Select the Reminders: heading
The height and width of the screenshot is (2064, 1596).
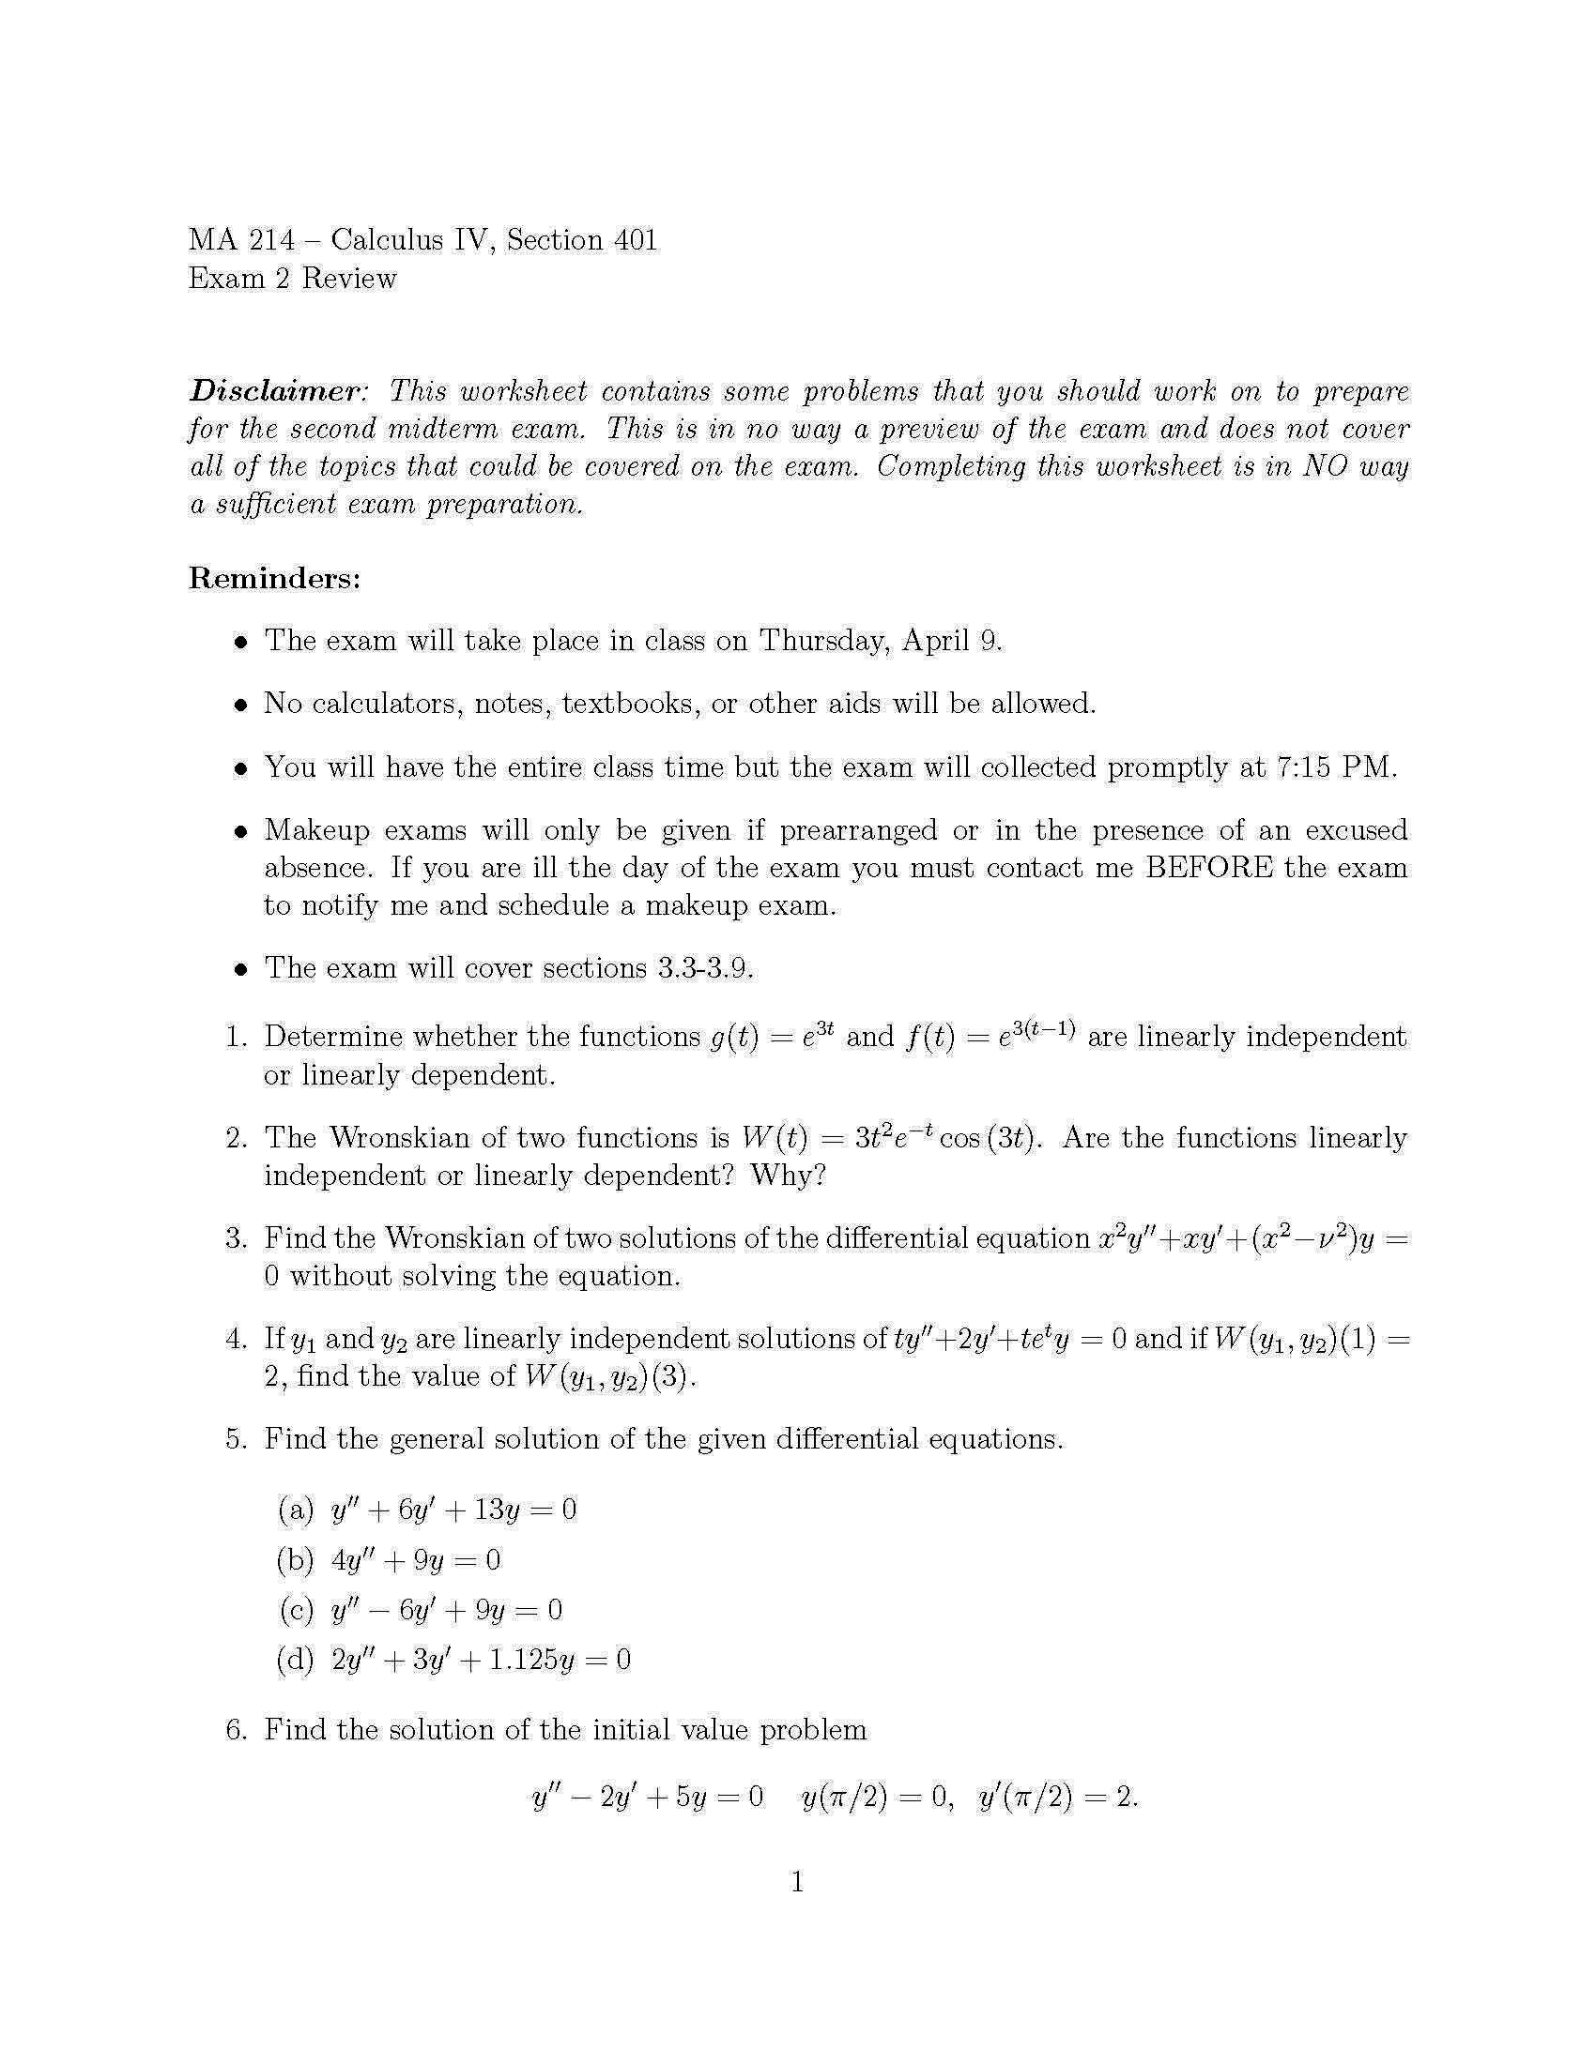[274, 578]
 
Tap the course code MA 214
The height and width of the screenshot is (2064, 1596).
[241, 240]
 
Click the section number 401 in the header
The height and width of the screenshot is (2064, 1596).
[636, 240]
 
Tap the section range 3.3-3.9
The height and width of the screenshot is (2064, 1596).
[705, 968]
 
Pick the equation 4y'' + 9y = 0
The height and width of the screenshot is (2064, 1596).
[416, 1560]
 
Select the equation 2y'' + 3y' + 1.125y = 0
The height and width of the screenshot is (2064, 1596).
[481, 1661]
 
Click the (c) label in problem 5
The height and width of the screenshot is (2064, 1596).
[296, 1609]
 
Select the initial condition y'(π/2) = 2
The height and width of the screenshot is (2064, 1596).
[1058, 1797]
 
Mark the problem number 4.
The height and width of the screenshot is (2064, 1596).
[237, 1339]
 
